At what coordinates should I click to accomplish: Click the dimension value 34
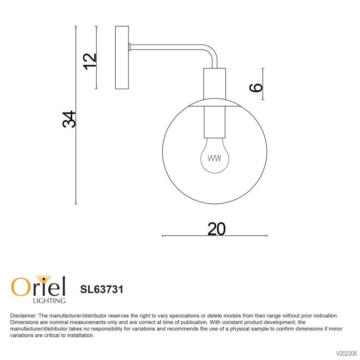pyautogui.click(x=69, y=119)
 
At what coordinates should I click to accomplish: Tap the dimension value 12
pyautogui.click(x=90, y=61)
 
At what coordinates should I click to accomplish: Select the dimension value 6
pyautogui.click(x=256, y=88)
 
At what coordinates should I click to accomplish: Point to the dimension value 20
pyautogui.click(x=217, y=229)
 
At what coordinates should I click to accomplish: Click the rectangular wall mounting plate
pyautogui.click(x=122, y=57)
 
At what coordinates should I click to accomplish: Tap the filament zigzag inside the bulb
pyautogui.click(x=214, y=158)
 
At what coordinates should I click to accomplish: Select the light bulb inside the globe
pyautogui.click(x=215, y=156)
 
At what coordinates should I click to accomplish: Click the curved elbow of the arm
pyautogui.click(x=211, y=52)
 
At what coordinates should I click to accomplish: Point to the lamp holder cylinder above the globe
pyautogui.click(x=215, y=84)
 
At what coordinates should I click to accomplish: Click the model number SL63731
pyautogui.click(x=102, y=289)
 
